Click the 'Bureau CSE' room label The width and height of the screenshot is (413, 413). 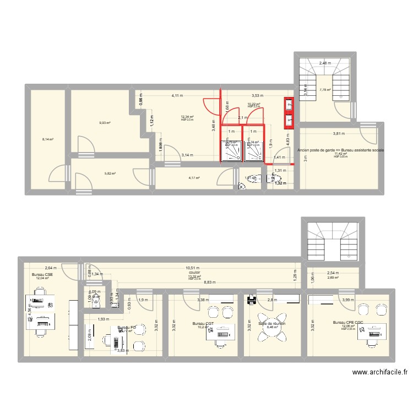42,274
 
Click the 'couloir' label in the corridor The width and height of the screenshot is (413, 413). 194,273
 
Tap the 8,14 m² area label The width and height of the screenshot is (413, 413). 48,139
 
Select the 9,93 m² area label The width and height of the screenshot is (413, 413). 105,123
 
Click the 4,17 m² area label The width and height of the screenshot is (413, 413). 194,178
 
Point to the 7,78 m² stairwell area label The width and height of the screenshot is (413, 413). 325,90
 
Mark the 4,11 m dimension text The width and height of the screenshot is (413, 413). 177,96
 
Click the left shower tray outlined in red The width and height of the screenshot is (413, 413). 231,151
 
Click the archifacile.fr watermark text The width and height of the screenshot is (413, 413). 380,372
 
